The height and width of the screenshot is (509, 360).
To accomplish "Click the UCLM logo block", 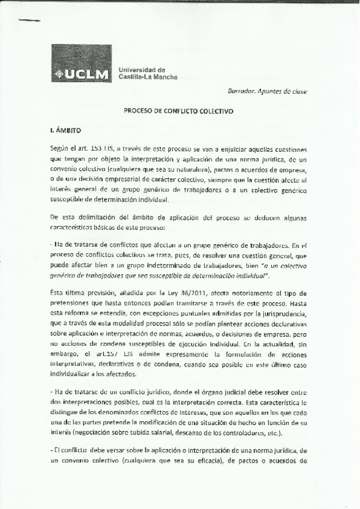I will tap(81, 63).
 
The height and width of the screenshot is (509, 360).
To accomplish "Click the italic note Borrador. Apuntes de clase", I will tap(277, 91).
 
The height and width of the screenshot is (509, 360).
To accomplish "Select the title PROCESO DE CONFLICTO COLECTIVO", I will tap(179, 111).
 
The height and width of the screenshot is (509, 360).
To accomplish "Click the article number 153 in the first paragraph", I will tap(97, 148).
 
